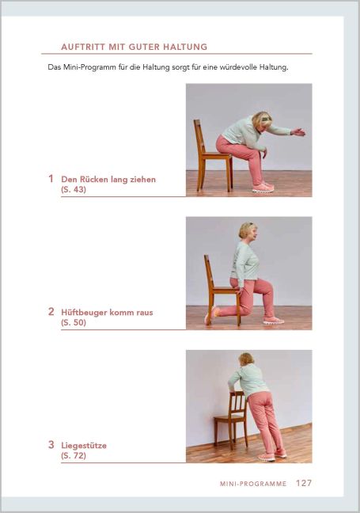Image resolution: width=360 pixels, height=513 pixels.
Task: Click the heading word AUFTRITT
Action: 85,47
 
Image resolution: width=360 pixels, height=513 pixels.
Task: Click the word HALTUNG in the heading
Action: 184,47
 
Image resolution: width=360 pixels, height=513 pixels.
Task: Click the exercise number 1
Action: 51,179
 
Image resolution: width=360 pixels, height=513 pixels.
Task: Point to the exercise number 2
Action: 51,312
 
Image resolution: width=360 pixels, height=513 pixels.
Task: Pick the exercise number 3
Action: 51,445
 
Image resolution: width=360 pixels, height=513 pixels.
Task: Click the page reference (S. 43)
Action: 73,190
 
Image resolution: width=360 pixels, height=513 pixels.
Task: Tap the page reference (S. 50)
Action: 73,323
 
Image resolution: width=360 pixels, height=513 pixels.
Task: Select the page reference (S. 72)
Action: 73,456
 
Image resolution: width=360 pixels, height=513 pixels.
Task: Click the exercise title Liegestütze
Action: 84,446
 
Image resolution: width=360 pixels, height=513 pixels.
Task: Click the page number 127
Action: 304,482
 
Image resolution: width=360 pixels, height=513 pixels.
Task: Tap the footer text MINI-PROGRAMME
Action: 253,483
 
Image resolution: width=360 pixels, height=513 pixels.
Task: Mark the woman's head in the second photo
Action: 248,230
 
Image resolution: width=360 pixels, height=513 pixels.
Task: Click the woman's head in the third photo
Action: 246,360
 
